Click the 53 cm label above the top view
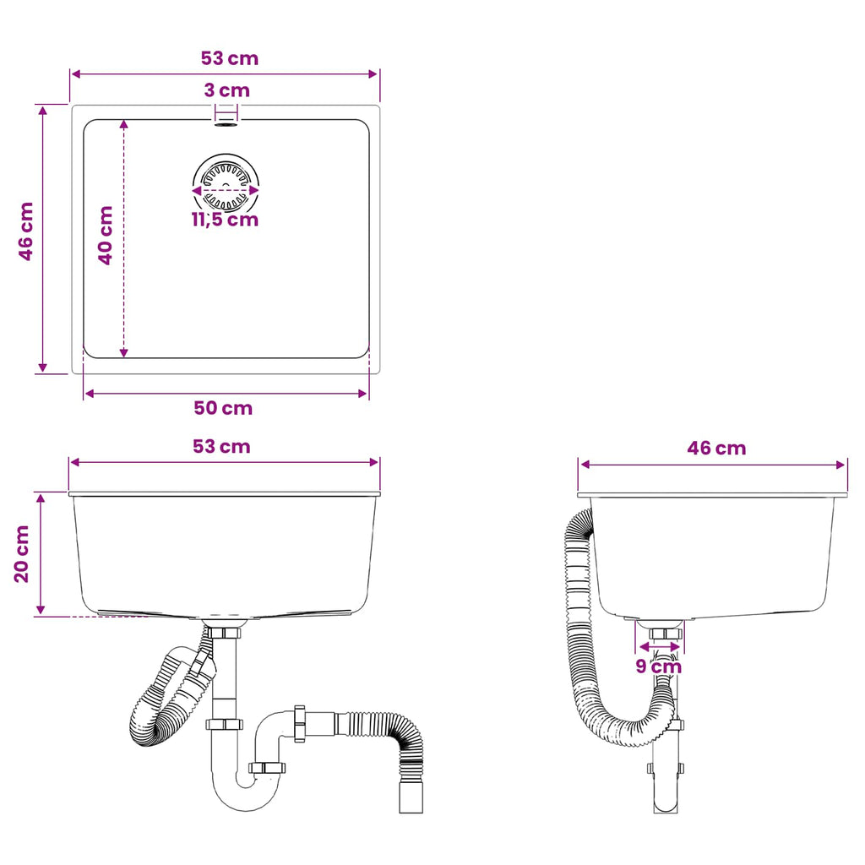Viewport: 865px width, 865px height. coord(230,58)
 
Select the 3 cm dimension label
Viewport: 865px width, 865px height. coord(226,90)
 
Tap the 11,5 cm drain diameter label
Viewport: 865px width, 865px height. coord(225,220)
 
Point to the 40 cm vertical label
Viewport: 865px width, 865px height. coord(106,235)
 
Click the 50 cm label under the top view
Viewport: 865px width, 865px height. coord(223,408)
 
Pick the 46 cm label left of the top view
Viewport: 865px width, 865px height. coord(26,231)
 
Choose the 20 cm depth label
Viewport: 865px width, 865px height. coord(21,554)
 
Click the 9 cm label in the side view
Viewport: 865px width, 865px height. coord(659,666)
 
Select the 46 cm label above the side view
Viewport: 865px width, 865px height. coord(716,448)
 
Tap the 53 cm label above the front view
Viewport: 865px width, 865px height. coord(222,446)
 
